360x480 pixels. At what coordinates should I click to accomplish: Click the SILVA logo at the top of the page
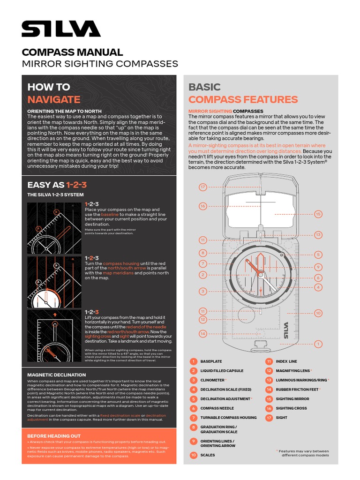click(x=61, y=29)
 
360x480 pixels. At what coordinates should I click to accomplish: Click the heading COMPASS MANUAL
click(x=72, y=52)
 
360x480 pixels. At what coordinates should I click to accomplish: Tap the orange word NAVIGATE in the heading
click(x=53, y=99)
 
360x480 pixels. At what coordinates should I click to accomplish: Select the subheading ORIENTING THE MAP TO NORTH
click(x=64, y=111)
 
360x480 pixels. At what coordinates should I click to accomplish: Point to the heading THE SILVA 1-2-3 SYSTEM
click(x=55, y=195)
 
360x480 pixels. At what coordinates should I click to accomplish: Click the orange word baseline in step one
click(x=110, y=214)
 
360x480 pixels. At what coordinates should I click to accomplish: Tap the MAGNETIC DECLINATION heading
click(x=56, y=375)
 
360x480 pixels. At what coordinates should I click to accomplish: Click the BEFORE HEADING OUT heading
click(x=54, y=436)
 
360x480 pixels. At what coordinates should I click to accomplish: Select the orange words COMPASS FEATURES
click(x=243, y=99)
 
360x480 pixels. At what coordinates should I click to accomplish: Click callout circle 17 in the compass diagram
click(x=203, y=187)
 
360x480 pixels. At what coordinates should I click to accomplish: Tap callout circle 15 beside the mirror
click(x=318, y=214)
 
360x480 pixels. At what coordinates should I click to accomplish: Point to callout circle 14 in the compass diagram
click(x=203, y=334)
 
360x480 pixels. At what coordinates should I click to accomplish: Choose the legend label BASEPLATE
click(x=211, y=361)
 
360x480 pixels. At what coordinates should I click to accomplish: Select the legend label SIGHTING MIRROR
click(x=292, y=399)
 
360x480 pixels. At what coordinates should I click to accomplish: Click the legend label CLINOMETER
click(x=213, y=380)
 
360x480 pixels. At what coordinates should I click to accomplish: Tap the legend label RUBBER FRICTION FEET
click(x=297, y=390)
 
